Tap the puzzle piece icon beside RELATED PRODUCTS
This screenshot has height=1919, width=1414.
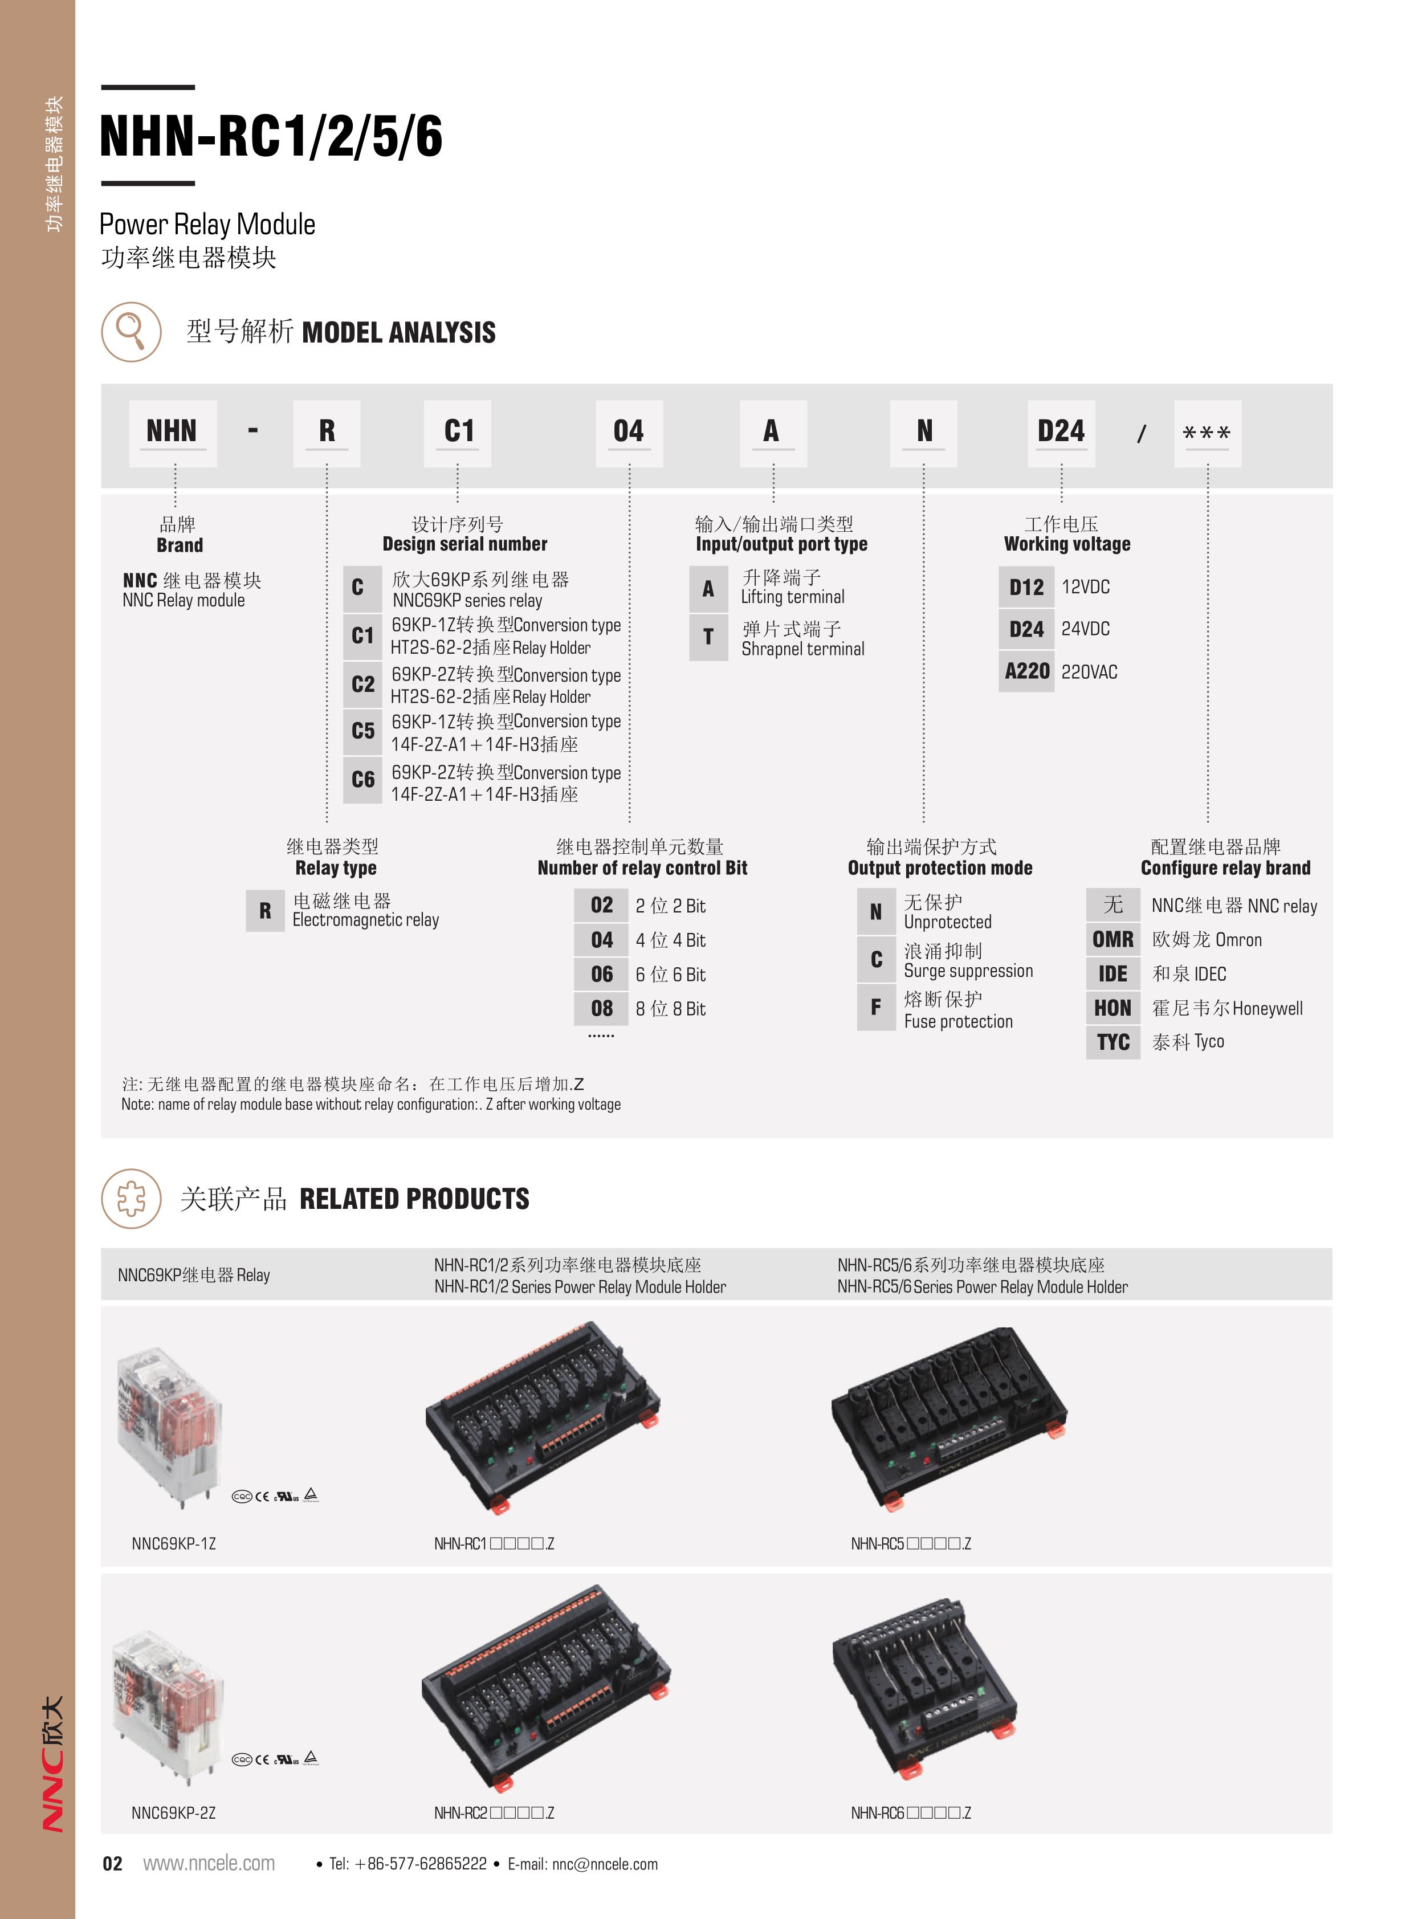131,1198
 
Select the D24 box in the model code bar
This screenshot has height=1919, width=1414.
1061,432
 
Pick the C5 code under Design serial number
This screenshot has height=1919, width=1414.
363,732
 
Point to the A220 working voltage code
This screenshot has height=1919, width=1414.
1027,671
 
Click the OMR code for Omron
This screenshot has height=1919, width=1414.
1113,940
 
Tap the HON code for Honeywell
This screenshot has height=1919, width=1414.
1113,1008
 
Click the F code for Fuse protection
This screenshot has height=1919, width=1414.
875,1008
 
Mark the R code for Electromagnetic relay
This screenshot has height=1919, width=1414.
266,911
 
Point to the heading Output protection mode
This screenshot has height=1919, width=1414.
940,868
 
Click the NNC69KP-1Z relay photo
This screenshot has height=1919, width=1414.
171,1425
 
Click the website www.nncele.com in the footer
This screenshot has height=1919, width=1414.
209,1863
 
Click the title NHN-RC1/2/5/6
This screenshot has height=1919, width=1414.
271,136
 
